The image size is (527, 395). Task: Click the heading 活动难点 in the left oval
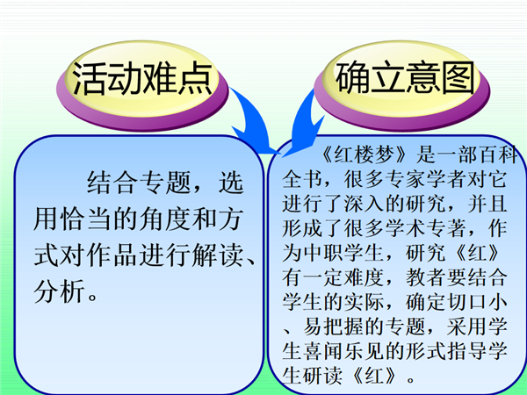pos(142,78)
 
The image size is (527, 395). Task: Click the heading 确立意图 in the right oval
pos(405,77)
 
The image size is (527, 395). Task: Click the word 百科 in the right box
pos(498,154)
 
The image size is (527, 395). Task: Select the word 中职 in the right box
pos(323,253)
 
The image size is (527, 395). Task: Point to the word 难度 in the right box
pos(364,277)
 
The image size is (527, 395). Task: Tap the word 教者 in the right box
pos(426,277)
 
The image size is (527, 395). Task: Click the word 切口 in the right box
pos(467,302)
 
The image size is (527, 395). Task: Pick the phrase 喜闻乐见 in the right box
pos(343,350)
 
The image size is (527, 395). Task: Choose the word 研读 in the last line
pos(323,375)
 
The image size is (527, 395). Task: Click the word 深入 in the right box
pos(364,204)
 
